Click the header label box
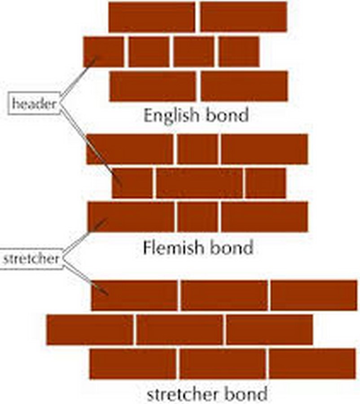click(x=34, y=103)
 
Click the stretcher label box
click(x=31, y=259)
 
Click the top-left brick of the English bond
click(x=152, y=17)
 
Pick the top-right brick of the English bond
click(x=244, y=17)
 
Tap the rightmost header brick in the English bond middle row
click(x=239, y=52)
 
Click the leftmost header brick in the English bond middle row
click(x=104, y=52)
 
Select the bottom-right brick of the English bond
click(x=244, y=86)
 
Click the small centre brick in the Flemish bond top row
click(x=198, y=149)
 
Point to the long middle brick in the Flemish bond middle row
click(x=199, y=183)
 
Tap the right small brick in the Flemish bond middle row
click(x=266, y=183)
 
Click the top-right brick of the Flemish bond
click(x=265, y=149)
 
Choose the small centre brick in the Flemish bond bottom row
click(x=198, y=217)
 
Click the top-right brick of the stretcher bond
click(x=314, y=295)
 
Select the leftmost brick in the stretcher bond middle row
click(x=90, y=330)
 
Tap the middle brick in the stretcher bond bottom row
click(x=223, y=364)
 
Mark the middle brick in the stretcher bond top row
click(x=224, y=295)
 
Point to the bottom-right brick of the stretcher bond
click(x=312, y=364)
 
